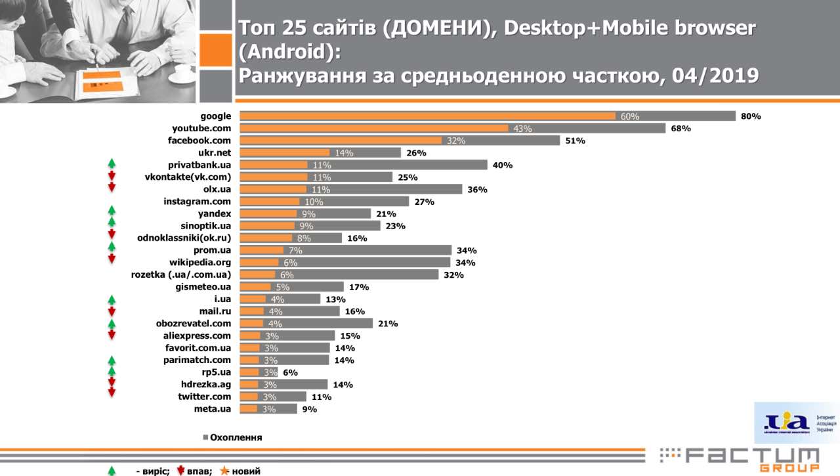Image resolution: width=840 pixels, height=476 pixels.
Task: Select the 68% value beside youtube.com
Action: pyautogui.click(x=681, y=129)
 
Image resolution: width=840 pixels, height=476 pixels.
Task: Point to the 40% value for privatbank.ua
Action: pyautogui.click(x=502, y=165)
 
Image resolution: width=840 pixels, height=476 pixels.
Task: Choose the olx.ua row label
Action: pyautogui.click(x=217, y=189)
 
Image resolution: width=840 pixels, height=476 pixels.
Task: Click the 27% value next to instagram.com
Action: pyautogui.click(x=424, y=202)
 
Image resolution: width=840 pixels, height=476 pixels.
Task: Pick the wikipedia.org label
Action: pyautogui.click(x=199, y=263)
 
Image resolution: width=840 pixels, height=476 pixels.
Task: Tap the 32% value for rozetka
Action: pyautogui.click(x=453, y=275)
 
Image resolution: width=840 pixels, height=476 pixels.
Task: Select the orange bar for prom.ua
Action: pyautogui.click(x=262, y=251)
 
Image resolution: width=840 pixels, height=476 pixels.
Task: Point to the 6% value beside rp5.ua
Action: pyautogui.click(x=290, y=372)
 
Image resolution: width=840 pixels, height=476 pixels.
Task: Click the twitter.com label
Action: pyautogui.click(x=204, y=397)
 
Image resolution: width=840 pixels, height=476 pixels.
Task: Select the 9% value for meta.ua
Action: pyautogui.click(x=309, y=409)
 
